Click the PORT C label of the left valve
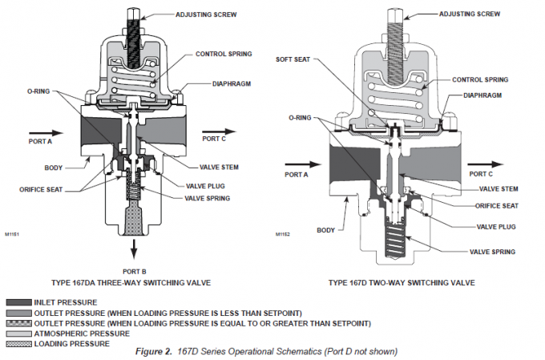214,139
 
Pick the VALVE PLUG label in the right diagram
498,227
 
